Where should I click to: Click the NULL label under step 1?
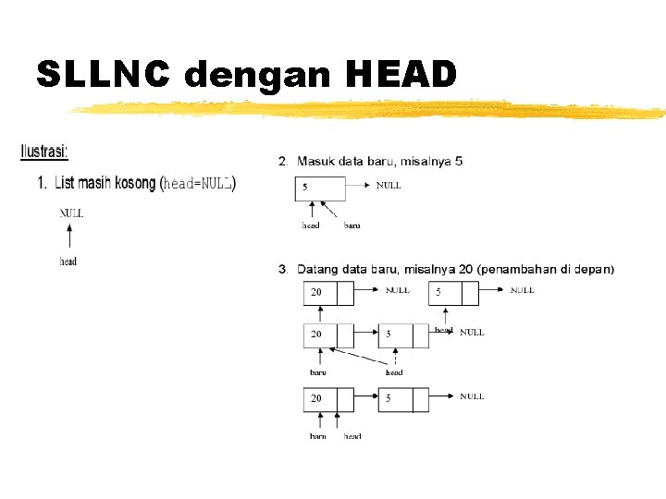click(x=71, y=213)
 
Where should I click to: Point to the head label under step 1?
click(x=68, y=262)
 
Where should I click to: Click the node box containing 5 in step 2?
click(x=320, y=188)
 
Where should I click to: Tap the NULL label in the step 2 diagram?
click(x=388, y=186)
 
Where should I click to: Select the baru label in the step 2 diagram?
click(x=351, y=225)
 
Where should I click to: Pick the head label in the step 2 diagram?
click(x=311, y=225)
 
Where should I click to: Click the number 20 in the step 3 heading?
click(x=465, y=269)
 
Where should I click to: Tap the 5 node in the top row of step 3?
click(x=453, y=293)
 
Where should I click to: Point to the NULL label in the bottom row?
click(x=472, y=396)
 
